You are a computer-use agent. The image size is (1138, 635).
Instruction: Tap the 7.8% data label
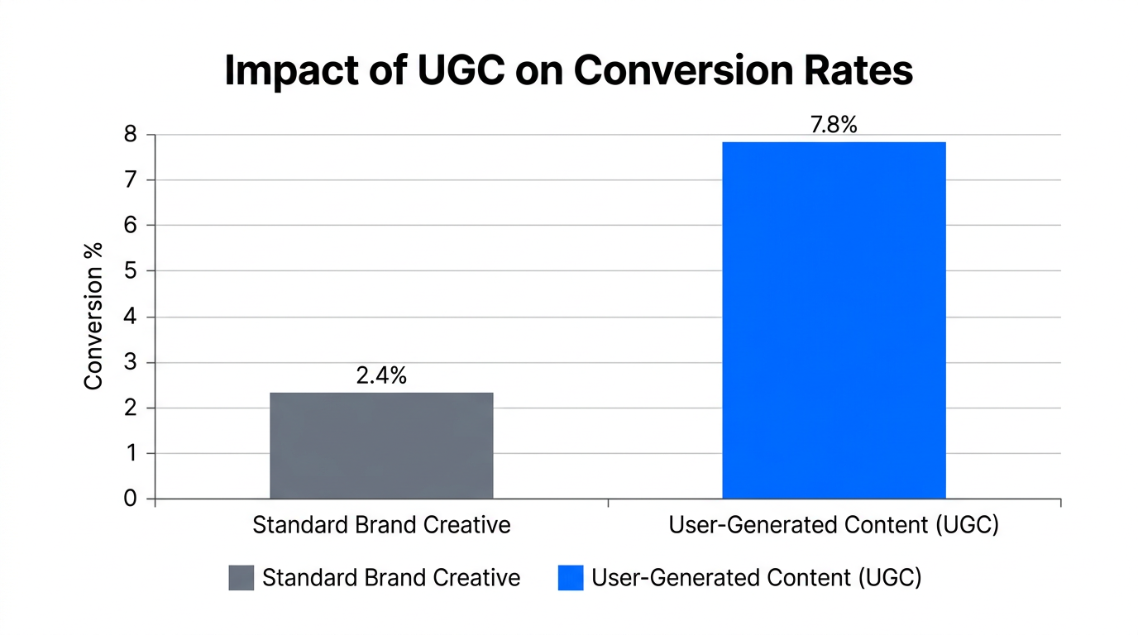(834, 125)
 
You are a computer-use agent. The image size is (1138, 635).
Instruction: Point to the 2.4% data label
(381, 375)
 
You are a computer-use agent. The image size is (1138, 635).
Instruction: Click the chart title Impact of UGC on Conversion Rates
(569, 71)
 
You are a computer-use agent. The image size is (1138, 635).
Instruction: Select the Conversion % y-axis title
(93, 316)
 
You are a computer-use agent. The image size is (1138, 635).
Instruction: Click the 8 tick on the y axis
(129, 135)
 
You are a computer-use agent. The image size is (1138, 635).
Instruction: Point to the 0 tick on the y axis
(129, 499)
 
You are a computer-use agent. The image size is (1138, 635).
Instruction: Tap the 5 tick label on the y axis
(129, 271)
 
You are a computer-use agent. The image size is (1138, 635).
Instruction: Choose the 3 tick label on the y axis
(129, 362)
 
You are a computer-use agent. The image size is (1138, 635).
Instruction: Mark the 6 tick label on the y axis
(129, 226)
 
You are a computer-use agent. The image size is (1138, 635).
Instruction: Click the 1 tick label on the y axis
(129, 453)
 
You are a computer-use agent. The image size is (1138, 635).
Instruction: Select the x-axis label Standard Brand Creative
(381, 525)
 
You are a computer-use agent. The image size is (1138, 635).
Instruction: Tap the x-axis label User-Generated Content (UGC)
(834, 525)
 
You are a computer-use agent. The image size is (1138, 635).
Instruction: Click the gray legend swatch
(241, 578)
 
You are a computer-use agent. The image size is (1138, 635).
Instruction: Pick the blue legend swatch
(571, 578)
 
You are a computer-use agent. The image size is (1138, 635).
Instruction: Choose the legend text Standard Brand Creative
(391, 578)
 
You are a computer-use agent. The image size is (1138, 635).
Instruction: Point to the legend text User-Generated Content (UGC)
(756, 578)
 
